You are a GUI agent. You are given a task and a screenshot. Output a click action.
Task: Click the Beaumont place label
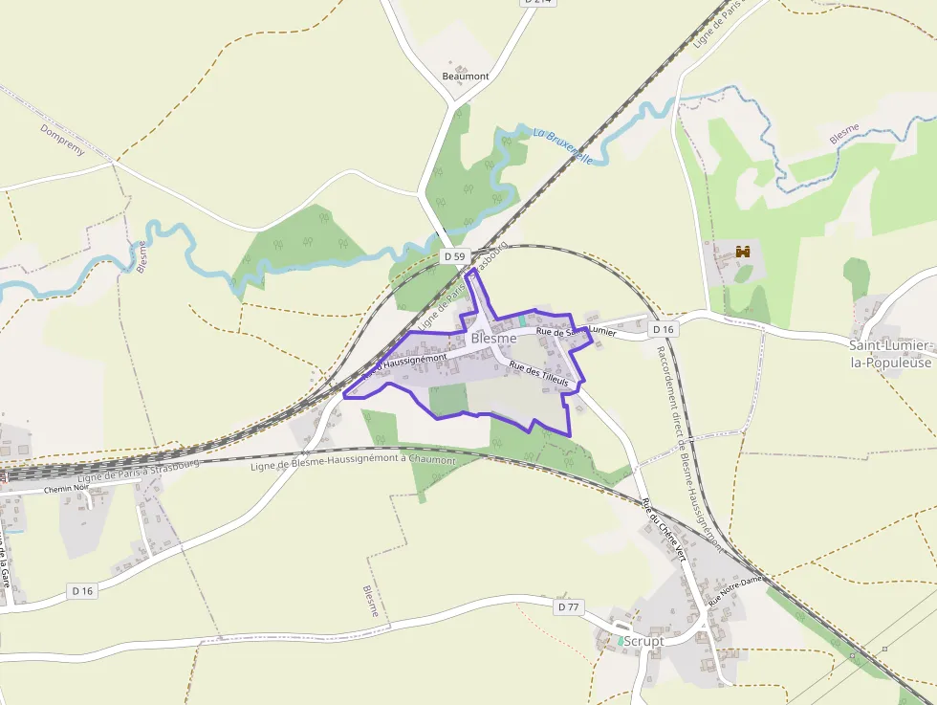[x=466, y=77]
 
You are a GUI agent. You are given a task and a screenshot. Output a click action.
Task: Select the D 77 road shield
[x=568, y=606]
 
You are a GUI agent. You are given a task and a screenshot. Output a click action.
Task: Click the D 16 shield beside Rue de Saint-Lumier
[x=663, y=329]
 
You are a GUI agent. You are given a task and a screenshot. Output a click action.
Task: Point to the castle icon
[x=741, y=253]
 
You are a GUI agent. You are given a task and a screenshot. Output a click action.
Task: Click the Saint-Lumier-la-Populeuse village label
[x=890, y=353]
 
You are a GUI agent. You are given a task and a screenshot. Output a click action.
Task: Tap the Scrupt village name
[x=643, y=641]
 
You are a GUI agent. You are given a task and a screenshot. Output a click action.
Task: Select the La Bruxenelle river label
[x=564, y=145]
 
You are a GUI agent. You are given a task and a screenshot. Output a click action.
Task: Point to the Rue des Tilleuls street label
[x=538, y=373]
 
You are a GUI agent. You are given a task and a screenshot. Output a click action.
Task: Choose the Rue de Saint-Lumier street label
[x=576, y=331]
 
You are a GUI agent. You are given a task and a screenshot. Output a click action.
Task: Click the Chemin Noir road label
[x=66, y=489]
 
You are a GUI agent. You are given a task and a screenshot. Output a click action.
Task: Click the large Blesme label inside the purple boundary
[x=493, y=339]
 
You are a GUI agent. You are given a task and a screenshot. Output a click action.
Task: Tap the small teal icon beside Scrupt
[x=620, y=640]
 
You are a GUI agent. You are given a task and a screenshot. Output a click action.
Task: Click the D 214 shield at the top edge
[x=538, y=2]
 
